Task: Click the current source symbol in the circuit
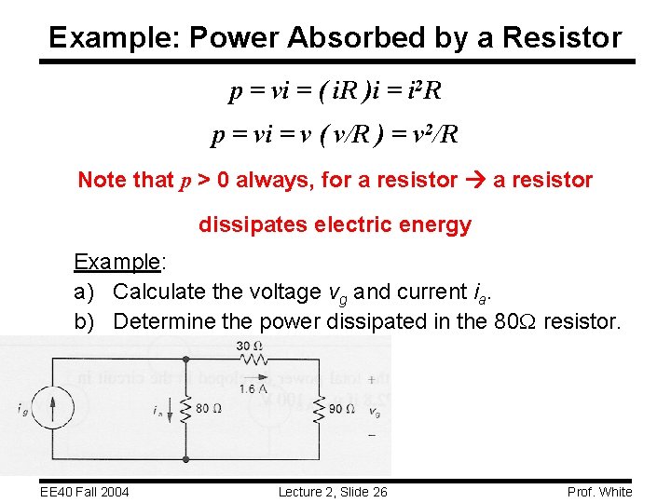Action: point(53,408)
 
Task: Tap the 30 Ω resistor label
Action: point(249,347)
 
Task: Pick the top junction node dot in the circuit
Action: point(187,359)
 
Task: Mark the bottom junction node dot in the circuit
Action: point(187,458)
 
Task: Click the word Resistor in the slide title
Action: point(562,38)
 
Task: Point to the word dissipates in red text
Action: point(243,224)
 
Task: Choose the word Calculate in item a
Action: point(159,292)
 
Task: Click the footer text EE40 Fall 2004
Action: point(85,492)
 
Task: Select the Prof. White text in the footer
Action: point(599,492)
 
